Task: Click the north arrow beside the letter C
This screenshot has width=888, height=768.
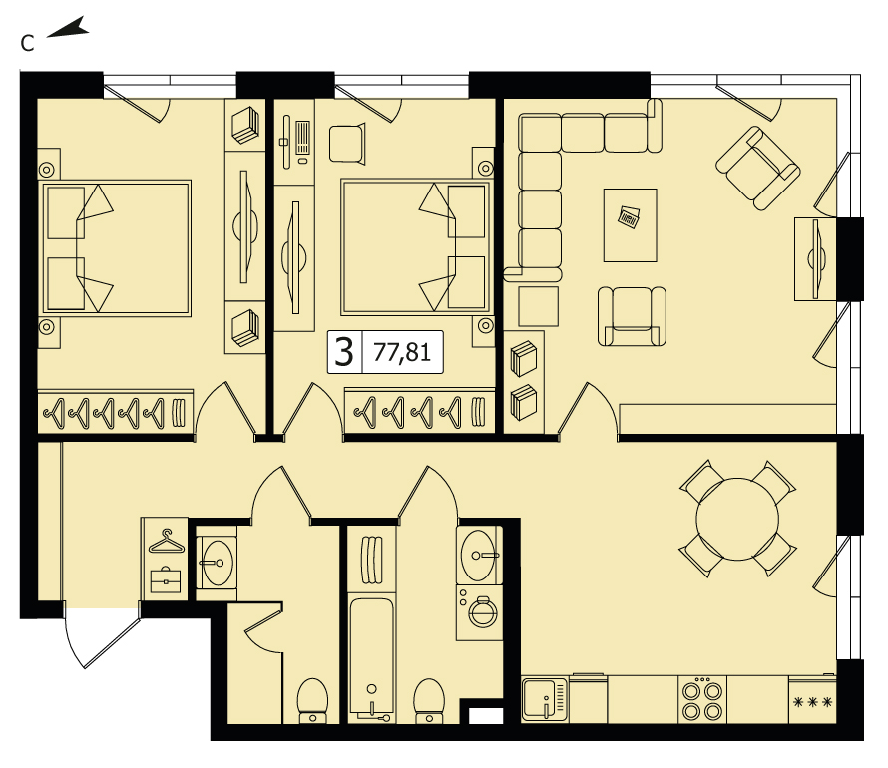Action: click(68, 28)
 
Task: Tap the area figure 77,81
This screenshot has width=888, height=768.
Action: click(402, 352)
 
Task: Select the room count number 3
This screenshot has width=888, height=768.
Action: click(344, 352)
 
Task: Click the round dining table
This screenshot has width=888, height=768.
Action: click(737, 519)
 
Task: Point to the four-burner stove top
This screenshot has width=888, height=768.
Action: click(702, 700)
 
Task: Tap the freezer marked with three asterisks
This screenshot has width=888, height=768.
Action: click(813, 701)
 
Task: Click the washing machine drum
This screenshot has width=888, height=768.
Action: click(482, 611)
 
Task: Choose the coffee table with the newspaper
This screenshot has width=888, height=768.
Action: click(631, 225)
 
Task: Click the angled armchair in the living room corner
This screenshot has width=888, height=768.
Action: click(757, 168)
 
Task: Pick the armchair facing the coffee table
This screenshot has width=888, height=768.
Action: click(632, 316)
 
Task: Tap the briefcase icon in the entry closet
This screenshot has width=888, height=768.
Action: click(166, 579)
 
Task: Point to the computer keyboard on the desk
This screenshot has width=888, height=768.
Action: click(302, 137)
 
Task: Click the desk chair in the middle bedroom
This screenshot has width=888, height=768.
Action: click(347, 145)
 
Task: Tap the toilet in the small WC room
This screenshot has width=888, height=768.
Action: click(312, 700)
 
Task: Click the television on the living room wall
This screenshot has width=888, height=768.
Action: click(815, 259)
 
